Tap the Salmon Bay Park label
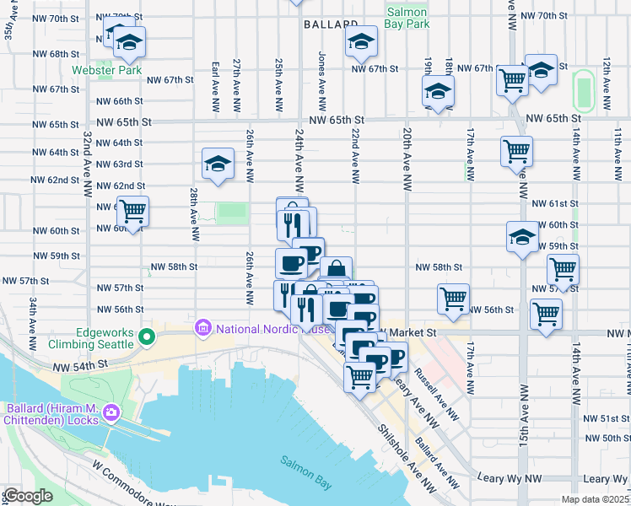[x=407, y=18]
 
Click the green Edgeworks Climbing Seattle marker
[x=147, y=337]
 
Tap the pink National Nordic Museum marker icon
[x=202, y=326]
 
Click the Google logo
[x=27, y=495]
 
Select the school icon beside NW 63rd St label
[x=218, y=163]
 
